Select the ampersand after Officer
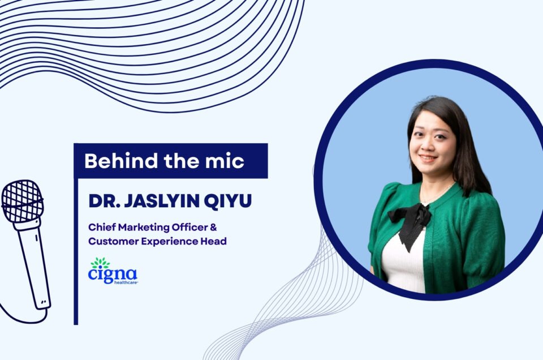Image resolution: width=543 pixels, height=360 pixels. click(213, 228)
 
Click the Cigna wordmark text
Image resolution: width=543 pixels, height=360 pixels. click(113, 275)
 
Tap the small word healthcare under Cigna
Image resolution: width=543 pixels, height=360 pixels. click(126, 282)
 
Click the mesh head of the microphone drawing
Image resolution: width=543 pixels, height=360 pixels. click(22, 202)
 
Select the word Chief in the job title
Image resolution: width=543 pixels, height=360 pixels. click(102, 228)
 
